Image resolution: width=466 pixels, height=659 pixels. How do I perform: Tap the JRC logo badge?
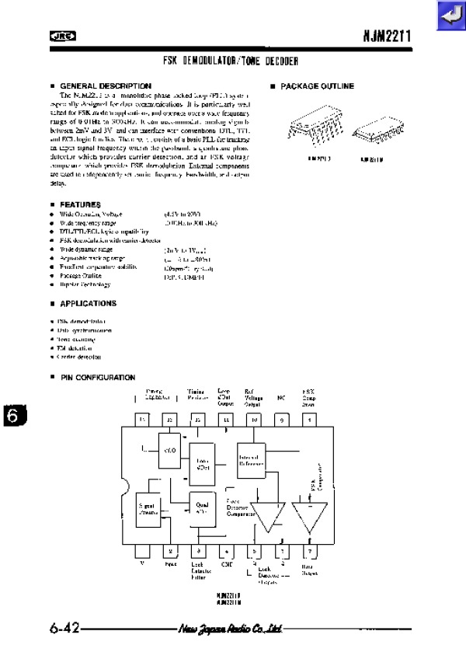(58, 35)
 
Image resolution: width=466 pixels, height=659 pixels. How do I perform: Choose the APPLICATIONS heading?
(88, 303)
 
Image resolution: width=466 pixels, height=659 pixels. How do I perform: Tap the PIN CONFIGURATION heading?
(97, 377)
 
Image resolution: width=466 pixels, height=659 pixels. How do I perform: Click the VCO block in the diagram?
(169, 448)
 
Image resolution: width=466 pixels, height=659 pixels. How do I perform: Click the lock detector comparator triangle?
(267, 515)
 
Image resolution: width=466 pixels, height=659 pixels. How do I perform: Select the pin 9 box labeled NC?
(282, 420)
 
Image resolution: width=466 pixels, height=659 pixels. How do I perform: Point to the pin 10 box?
(254, 420)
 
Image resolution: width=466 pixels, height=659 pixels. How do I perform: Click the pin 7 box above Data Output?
(310, 552)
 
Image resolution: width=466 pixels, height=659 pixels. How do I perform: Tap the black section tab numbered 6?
(12, 416)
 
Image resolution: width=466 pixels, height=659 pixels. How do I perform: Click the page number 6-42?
(64, 628)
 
